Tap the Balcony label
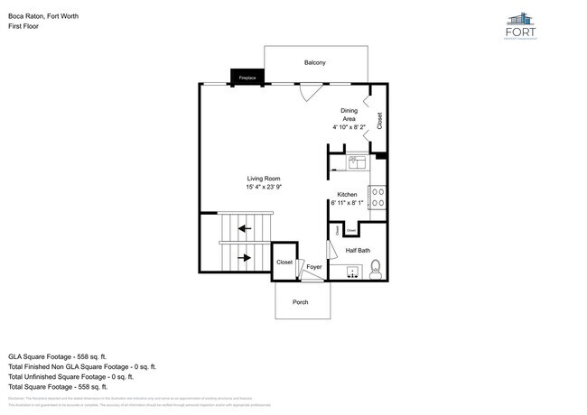pyautogui.click(x=314, y=62)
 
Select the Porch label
pyautogui.click(x=301, y=301)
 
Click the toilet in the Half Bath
pyautogui.click(x=377, y=269)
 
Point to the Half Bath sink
pyautogui.click(x=350, y=270)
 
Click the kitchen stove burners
pyautogui.click(x=378, y=197)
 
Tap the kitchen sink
pyautogui.click(x=355, y=162)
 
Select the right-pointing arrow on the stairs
pyautogui.click(x=244, y=258)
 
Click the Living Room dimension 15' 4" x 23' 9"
pyautogui.click(x=264, y=188)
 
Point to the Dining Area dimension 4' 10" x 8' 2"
pyautogui.click(x=349, y=127)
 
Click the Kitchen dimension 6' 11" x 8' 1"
pyautogui.click(x=347, y=204)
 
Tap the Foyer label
pyautogui.click(x=314, y=267)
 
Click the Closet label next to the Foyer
pyautogui.click(x=284, y=262)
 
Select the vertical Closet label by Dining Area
pyautogui.click(x=379, y=120)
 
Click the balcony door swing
pyautogui.click(x=309, y=91)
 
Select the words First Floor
pyautogui.click(x=23, y=26)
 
